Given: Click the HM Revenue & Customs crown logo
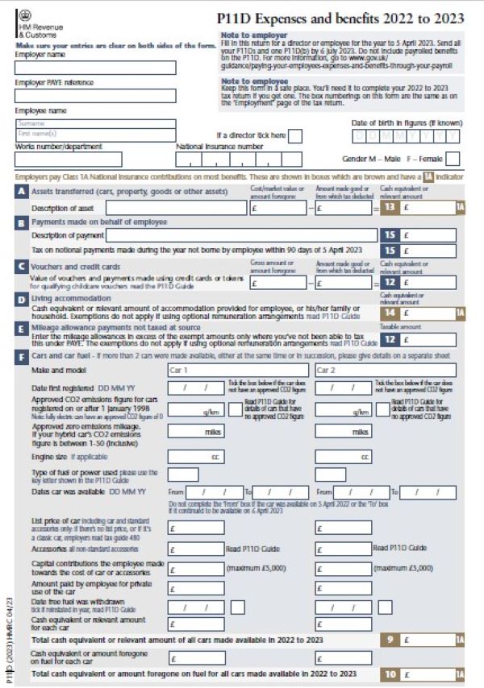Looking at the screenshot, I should (23, 15).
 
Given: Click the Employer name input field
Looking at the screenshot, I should (95, 67).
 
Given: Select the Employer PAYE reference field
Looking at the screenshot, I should (95, 95).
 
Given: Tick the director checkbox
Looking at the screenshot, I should (295, 135).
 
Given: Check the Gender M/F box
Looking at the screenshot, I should (453, 158).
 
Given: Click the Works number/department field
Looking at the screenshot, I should (69, 159).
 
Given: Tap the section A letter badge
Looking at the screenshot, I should (21, 193).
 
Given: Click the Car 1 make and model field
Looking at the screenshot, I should (237, 371).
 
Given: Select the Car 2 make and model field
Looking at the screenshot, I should (385, 371).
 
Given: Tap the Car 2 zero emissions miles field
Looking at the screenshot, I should (344, 431).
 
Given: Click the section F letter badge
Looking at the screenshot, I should (21, 354).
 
